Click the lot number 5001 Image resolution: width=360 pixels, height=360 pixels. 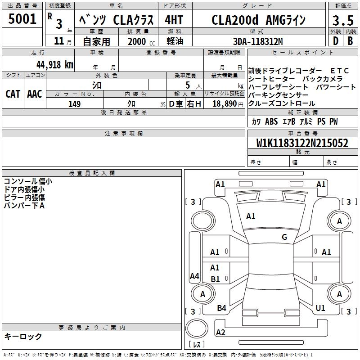click(x=22, y=19)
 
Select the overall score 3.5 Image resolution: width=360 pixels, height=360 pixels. click(x=342, y=21)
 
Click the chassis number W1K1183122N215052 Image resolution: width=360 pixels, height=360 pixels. click(x=302, y=143)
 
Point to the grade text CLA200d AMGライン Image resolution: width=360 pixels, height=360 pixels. click(x=258, y=20)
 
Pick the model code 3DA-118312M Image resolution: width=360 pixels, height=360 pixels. click(x=258, y=41)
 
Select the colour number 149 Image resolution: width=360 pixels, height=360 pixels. click(x=74, y=104)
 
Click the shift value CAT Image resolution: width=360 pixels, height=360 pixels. click(x=13, y=94)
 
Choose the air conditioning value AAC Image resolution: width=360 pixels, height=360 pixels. click(x=34, y=94)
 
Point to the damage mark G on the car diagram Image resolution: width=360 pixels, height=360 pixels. click(x=284, y=237)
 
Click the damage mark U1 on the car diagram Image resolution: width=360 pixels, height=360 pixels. click(x=320, y=308)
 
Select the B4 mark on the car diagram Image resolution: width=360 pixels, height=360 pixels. click(x=221, y=308)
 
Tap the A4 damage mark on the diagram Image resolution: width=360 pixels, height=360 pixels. click(x=194, y=276)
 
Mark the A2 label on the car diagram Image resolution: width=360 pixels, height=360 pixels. click(x=220, y=333)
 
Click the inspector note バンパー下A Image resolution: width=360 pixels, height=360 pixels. click(x=24, y=206)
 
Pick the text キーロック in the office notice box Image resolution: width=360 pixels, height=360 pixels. click(x=23, y=336)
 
